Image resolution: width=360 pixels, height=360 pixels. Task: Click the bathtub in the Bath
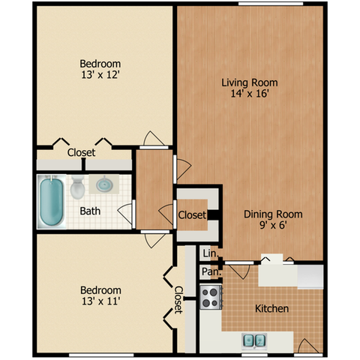52,202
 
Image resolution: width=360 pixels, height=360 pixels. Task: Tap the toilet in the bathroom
77,187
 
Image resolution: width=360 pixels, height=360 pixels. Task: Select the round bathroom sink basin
104,184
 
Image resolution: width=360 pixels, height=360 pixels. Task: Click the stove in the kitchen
211,297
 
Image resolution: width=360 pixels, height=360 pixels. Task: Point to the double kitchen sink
254,340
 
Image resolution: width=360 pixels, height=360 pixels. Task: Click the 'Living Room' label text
250,82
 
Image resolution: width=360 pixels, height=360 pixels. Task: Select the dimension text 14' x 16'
250,94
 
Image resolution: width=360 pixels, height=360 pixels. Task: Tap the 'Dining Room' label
273,214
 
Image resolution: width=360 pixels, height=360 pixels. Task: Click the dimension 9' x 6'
273,225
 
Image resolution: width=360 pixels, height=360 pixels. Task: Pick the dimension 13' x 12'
100,75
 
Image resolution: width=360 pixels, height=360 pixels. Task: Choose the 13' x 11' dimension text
100,301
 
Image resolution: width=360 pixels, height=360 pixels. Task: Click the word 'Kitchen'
271,308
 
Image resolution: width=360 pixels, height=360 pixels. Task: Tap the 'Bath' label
90,211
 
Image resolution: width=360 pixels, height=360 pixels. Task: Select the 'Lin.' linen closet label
211,253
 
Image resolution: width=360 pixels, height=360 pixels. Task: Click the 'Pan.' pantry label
211,271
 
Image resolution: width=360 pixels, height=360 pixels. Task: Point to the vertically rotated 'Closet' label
178,300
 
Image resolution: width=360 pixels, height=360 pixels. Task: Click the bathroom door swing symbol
125,213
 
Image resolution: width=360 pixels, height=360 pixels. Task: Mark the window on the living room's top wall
271,4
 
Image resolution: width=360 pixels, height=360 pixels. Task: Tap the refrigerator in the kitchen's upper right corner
310,277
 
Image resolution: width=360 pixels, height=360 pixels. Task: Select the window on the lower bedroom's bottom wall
101,355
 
